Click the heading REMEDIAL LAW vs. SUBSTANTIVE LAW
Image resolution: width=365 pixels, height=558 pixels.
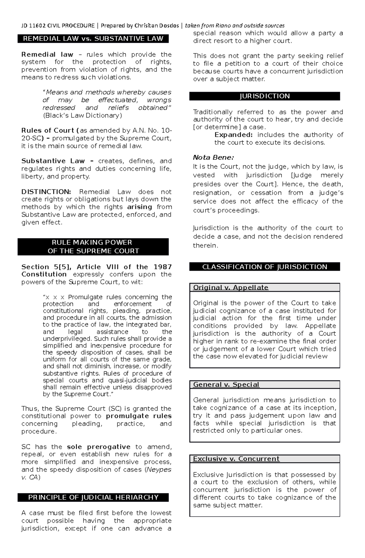[x=93, y=39]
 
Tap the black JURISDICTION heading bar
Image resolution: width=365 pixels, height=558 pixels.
[x=264, y=96]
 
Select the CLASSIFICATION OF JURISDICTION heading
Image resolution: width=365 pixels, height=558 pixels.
[x=264, y=267]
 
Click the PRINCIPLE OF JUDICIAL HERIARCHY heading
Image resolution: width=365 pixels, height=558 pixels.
[x=93, y=497]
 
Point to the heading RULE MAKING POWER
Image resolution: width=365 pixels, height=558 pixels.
[x=93, y=242]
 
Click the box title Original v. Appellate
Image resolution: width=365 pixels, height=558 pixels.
[x=231, y=287]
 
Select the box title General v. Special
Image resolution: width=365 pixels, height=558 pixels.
[x=226, y=384]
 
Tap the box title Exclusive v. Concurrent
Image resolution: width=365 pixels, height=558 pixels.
[x=236, y=459]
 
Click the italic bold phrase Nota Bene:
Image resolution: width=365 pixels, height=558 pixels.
[x=213, y=158]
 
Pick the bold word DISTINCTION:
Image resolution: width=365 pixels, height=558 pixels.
[x=46, y=192]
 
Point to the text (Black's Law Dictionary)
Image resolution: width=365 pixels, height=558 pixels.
[x=82, y=116]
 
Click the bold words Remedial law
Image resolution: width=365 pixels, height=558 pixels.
[x=47, y=55]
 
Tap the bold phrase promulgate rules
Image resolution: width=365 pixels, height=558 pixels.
[x=139, y=416]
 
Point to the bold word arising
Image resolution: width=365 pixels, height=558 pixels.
[x=139, y=207]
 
